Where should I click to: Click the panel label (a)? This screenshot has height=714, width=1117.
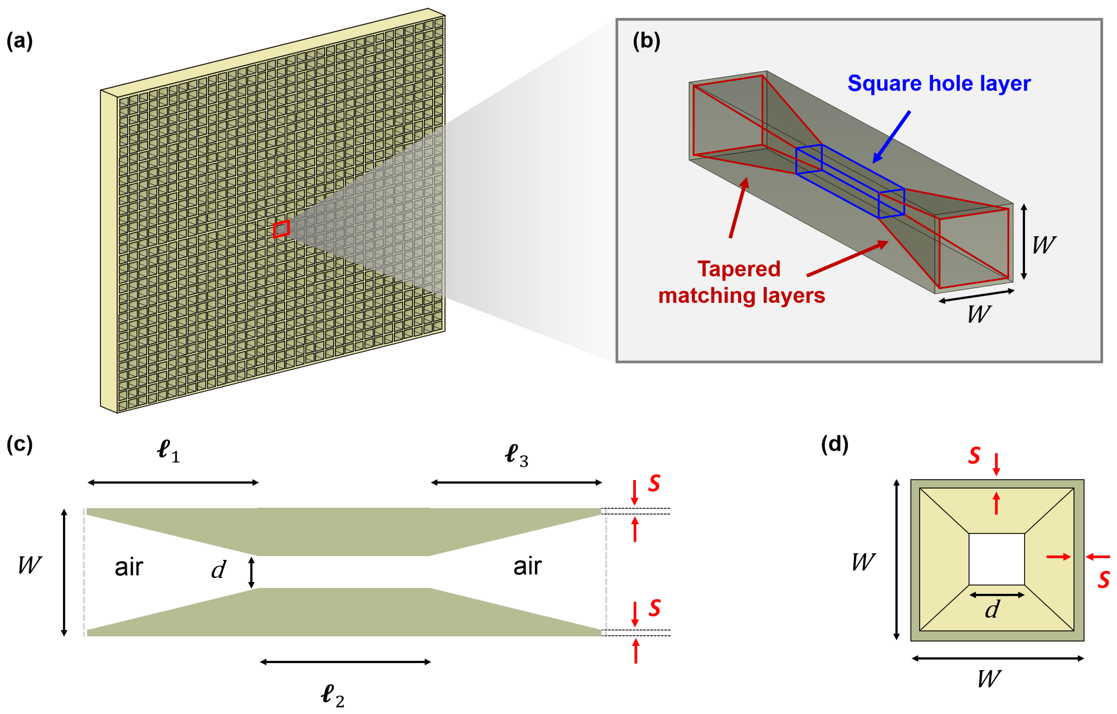pyautogui.click(x=19, y=41)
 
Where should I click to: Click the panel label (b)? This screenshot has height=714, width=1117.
pyautogui.click(x=646, y=41)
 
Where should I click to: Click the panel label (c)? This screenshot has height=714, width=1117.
pyautogui.click(x=19, y=444)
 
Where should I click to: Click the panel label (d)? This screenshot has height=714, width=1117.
pyautogui.click(x=834, y=444)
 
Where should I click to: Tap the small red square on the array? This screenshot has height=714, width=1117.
pyautogui.click(x=282, y=229)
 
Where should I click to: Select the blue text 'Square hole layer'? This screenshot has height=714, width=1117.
pyautogui.click(x=939, y=83)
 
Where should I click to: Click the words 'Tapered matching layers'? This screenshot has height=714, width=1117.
pyautogui.click(x=741, y=282)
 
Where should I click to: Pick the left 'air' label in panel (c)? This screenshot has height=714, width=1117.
pyautogui.click(x=129, y=567)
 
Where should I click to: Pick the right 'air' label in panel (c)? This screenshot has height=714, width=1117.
pyautogui.click(x=527, y=566)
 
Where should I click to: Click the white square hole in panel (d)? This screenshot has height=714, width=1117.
pyautogui.click(x=997, y=559)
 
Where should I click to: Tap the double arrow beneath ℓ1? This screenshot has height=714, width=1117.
pyautogui.click(x=173, y=483)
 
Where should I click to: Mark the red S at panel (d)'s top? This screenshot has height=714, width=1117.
pyautogui.click(x=974, y=456)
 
